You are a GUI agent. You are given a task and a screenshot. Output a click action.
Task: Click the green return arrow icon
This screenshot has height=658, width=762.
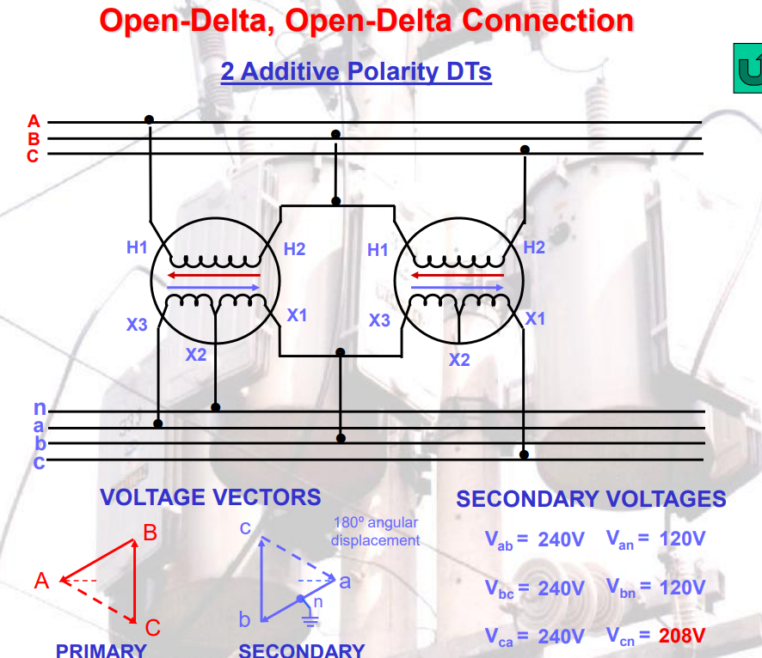(x=748, y=68)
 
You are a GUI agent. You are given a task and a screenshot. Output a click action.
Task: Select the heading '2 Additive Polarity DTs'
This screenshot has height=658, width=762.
(x=356, y=71)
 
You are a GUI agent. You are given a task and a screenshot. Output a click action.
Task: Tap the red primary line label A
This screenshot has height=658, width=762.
(x=34, y=120)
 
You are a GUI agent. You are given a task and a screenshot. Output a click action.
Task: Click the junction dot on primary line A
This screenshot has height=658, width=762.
(x=149, y=119)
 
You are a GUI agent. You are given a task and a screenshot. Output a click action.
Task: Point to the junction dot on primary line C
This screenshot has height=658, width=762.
(x=525, y=149)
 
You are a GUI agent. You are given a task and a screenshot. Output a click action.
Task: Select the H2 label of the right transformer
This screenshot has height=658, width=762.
(x=534, y=247)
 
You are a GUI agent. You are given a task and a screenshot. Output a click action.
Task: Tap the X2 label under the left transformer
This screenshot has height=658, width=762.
(x=197, y=353)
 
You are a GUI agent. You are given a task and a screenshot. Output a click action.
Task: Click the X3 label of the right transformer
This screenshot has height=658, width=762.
(x=379, y=320)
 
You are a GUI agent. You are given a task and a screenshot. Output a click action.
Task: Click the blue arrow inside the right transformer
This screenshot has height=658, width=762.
(x=457, y=288)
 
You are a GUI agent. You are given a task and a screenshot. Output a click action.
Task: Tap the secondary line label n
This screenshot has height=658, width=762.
(x=40, y=408)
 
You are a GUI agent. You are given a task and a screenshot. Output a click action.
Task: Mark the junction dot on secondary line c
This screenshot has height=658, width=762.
(x=524, y=454)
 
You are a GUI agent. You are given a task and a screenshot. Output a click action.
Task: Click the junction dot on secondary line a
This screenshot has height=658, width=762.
(x=158, y=423)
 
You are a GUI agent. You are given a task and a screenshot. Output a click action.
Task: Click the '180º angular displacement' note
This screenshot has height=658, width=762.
(x=375, y=532)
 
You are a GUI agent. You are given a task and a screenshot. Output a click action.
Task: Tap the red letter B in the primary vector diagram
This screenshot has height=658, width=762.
(x=150, y=533)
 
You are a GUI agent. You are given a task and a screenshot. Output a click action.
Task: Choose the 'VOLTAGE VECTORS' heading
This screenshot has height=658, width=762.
(x=210, y=497)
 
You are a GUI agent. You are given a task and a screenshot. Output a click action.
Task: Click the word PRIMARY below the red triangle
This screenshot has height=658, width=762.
(x=101, y=650)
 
